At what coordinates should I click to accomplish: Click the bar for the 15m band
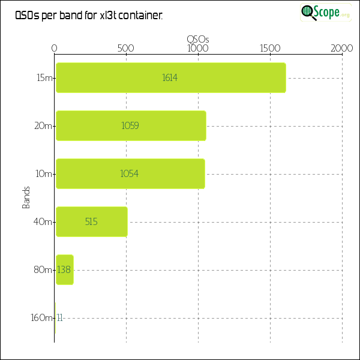[x=171, y=78]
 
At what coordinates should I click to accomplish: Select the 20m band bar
[x=131, y=126]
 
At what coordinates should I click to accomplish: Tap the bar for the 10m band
[x=130, y=174]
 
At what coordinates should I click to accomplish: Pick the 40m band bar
[x=91, y=222]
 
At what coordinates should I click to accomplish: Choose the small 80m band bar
[x=65, y=270]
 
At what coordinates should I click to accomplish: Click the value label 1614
[x=170, y=78]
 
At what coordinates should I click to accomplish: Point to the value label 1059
[x=130, y=126]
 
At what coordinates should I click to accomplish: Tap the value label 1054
[x=130, y=174]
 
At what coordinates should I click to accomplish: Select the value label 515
[x=91, y=222]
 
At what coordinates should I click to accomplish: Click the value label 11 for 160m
[x=60, y=318]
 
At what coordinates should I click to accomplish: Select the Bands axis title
[x=26, y=198]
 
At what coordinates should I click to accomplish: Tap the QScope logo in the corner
[x=325, y=12]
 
